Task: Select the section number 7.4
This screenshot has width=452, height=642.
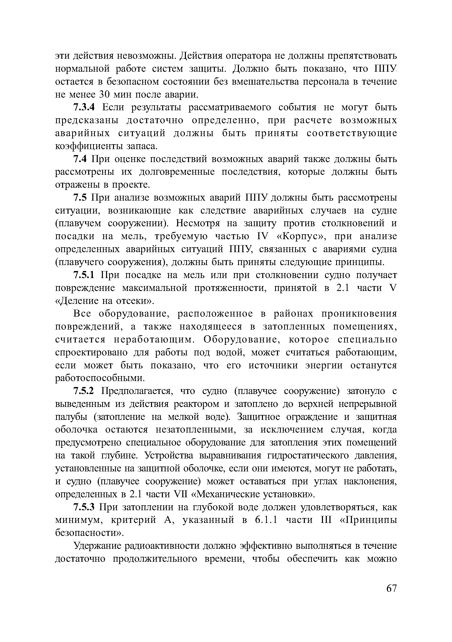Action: [x=80, y=159]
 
